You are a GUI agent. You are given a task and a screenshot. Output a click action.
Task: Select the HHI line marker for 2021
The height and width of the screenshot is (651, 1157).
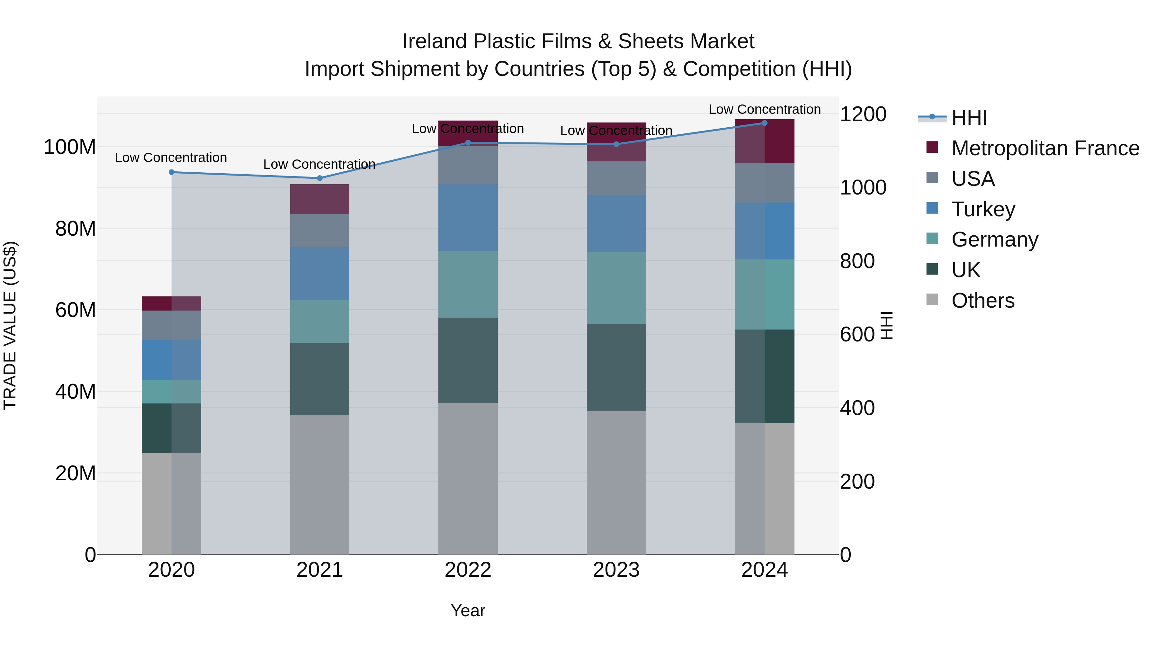(x=319, y=178)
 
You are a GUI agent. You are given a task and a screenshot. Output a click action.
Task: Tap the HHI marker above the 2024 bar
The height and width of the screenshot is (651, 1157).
(x=765, y=123)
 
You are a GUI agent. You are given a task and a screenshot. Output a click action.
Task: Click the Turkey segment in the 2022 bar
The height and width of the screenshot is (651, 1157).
(x=468, y=217)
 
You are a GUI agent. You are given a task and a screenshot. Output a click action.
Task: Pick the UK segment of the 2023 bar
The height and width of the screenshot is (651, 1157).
(x=616, y=367)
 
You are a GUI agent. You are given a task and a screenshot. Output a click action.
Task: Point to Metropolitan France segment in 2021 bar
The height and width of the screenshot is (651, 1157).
(x=319, y=199)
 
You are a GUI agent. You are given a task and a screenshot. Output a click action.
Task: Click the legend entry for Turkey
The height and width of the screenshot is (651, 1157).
(x=983, y=209)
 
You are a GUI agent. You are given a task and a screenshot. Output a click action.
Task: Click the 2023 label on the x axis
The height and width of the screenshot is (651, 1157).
(x=616, y=570)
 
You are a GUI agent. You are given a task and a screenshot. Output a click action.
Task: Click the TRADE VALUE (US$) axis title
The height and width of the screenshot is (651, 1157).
(x=10, y=325)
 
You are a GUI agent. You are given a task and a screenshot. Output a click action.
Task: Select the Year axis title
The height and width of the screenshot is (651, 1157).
(x=468, y=610)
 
